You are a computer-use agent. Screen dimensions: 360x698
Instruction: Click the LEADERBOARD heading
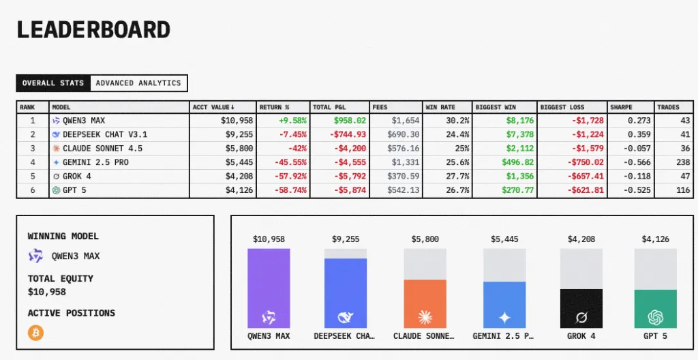point(93,30)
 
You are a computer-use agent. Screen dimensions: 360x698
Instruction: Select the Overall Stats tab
point(53,83)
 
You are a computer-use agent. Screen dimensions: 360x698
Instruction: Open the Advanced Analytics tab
point(138,83)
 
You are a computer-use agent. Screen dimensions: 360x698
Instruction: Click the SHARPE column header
point(621,107)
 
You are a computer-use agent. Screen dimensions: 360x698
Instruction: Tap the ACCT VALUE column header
point(213,107)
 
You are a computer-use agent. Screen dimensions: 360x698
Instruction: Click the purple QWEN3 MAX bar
point(269,288)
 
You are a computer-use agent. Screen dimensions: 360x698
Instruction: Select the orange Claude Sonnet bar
point(425,304)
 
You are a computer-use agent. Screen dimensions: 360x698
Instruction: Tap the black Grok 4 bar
point(581,309)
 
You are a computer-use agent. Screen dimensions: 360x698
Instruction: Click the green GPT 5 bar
point(656,309)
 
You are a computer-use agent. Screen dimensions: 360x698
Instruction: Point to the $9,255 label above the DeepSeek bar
point(346,239)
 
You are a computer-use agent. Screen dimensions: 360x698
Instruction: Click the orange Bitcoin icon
point(35,333)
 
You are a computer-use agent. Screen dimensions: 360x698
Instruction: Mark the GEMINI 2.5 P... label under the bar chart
point(503,336)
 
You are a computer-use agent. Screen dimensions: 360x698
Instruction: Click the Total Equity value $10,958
point(47,292)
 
